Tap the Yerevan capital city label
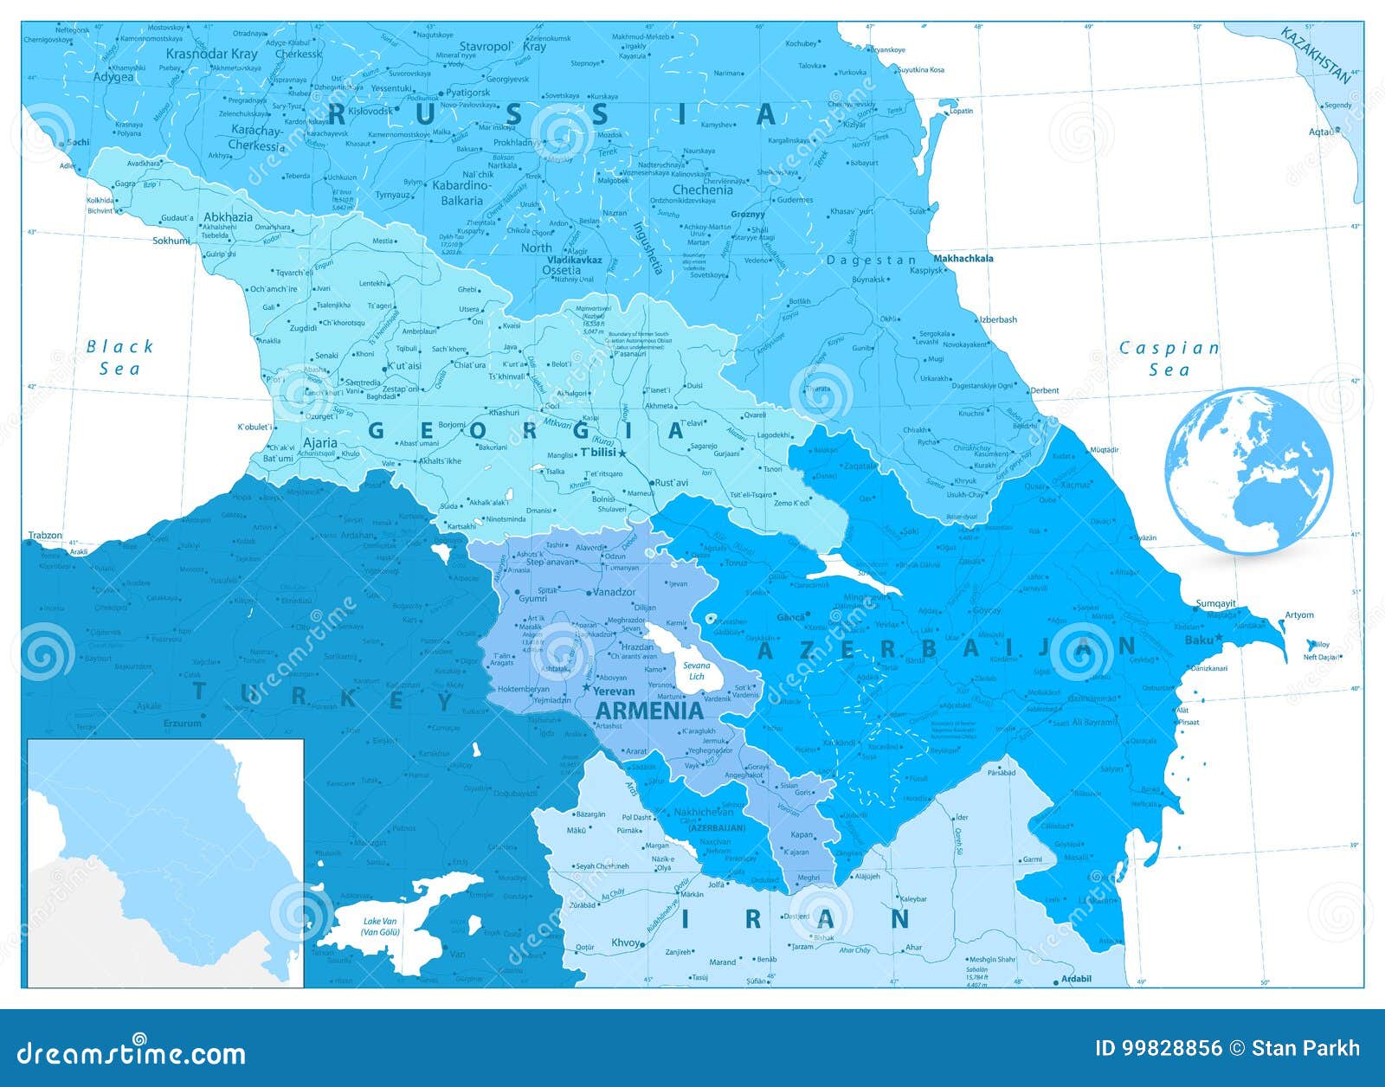pyautogui.click(x=614, y=691)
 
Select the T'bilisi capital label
pyautogui.click(x=597, y=453)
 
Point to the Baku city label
pyautogui.click(x=1198, y=640)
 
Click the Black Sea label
pyautogui.click(x=119, y=357)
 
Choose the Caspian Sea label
pyautogui.click(x=1169, y=358)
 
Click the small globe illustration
pyautogui.click(x=1248, y=471)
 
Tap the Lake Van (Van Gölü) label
pyautogui.click(x=381, y=926)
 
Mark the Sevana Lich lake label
pyautogui.click(x=697, y=671)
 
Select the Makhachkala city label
pyautogui.click(x=963, y=258)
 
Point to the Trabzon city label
pyautogui.click(x=45, y=535)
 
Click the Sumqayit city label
pyautogui.click(x=1215, y=603)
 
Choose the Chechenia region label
pyautogui.click(x=702, y=190)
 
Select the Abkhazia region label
pyautogui.click(x=229, y=217)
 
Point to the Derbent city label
pyautogui.click(x=1044, y=390)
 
